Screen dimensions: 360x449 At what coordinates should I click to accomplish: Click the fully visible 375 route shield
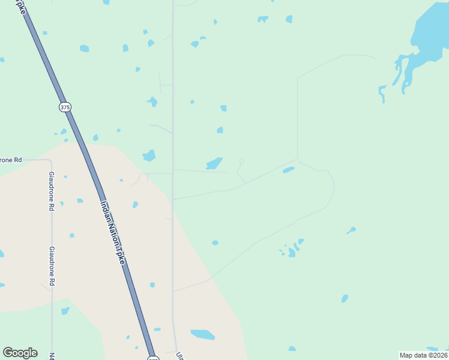point(65,107)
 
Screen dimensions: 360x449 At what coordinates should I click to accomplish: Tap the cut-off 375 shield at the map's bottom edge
point(153,358)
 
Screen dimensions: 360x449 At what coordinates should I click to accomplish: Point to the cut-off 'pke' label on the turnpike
point(19,7)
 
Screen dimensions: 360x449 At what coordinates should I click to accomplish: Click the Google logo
point(20,352)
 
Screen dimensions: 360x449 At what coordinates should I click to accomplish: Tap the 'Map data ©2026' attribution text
point(423,355)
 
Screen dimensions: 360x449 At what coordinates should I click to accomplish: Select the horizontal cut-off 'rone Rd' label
point(11,160)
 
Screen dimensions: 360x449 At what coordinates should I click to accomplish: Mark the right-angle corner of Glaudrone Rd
point(50,161)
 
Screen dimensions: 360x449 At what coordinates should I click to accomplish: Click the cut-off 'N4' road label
point(52,356)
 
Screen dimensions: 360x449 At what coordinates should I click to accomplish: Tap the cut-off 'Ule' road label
point(179,355)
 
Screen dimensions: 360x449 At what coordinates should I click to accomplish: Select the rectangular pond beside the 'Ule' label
point(203,334)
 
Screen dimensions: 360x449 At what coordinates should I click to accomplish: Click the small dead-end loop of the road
point(242,161)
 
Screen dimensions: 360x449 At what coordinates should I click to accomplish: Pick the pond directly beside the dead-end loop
point(214,163)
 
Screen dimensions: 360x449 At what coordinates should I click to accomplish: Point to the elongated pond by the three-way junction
point(289,170)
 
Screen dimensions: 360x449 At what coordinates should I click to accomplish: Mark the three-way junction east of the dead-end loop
point(298,159)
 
